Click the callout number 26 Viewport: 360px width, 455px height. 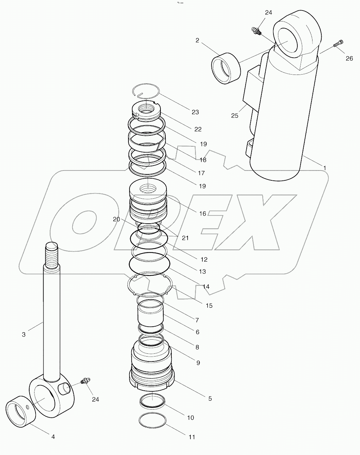[x=349, y=58]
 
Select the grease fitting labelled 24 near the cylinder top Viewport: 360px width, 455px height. [x=256, y=31]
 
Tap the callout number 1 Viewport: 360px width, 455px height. [x=324, y=168]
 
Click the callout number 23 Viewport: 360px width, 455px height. [x=195, y=112]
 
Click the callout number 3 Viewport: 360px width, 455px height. [x=24, y=334]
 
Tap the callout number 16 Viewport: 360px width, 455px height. [x=203, y=213]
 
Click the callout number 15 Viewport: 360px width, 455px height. [x=209, y=306]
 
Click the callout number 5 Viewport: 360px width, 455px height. [x=210, y=398]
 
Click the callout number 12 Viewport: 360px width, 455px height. [x=204, y=259]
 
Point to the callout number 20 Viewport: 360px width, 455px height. [x=116, y=219]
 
